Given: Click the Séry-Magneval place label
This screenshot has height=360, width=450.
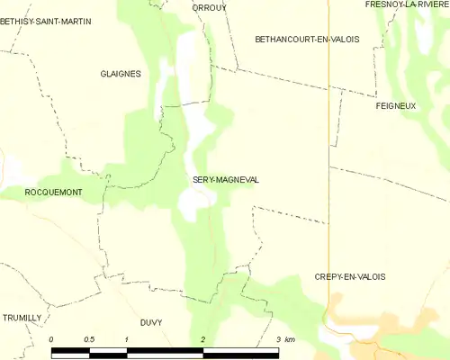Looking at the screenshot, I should (226, 180).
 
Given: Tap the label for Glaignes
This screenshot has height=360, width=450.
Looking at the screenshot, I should (121, 74).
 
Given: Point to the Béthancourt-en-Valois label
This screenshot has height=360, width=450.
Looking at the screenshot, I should (307, 40).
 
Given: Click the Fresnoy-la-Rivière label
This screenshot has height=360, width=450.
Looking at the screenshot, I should (406, 4).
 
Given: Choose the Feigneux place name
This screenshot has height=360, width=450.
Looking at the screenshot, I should (395, 106).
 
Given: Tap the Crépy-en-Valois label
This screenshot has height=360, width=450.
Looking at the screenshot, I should (350, 276).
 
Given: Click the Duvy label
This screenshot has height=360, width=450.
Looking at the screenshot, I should (151, 321).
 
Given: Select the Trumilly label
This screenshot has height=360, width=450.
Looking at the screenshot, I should (22, 318).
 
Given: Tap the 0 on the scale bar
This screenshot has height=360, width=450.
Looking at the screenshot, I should (52, 339).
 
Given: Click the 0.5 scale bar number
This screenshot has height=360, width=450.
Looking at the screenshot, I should (89, 339).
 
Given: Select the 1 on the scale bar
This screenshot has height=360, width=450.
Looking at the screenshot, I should (128, 339).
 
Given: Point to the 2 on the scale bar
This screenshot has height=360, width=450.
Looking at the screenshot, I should (203, 339).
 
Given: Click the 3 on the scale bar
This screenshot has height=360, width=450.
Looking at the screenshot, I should (279, 339).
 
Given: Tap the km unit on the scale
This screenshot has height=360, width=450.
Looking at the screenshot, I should (290, 339).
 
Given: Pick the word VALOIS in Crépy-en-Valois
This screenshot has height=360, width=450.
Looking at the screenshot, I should (370, 276).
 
